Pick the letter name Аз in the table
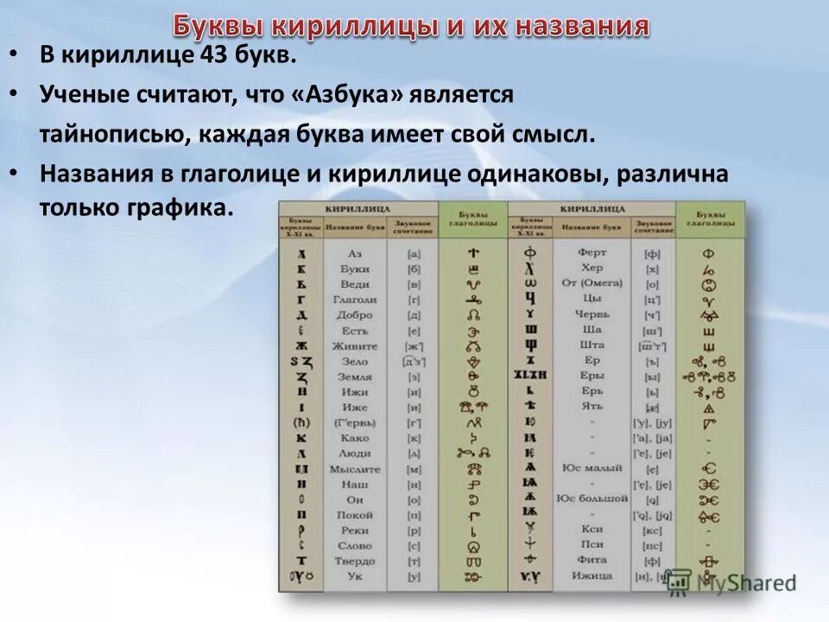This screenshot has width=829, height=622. [354, 254]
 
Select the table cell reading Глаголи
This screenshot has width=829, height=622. [354, 300]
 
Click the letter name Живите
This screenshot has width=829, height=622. [354, 346]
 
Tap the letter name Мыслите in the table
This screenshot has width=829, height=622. [354, 469]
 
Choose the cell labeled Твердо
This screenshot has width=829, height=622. [354, 561]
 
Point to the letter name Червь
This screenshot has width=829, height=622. [592, 314]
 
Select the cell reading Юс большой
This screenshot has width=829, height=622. [592, 498]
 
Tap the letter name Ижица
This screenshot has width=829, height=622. [592, 575]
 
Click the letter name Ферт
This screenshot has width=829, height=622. [592, 252]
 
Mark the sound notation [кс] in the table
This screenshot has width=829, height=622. [652, 530]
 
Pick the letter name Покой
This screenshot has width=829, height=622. [354, 515]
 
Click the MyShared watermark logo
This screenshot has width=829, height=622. [730, 581]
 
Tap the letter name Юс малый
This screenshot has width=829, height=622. [592, 467]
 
